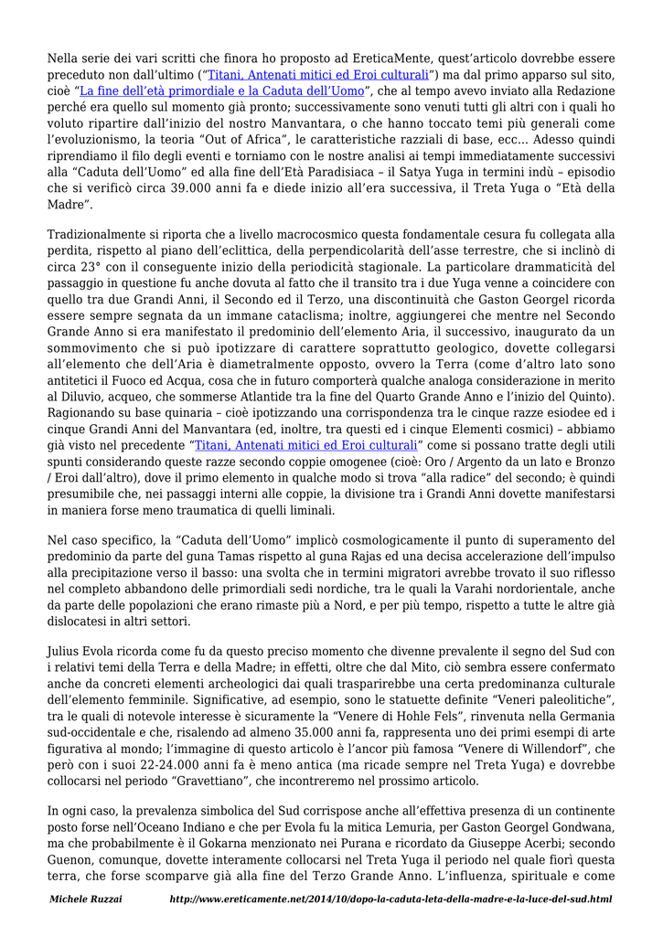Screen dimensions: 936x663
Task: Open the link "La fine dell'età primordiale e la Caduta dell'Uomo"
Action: tap(221, 90)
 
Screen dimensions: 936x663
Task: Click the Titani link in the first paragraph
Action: tap(318, 75)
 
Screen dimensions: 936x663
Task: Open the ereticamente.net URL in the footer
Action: tap(390, 900)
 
